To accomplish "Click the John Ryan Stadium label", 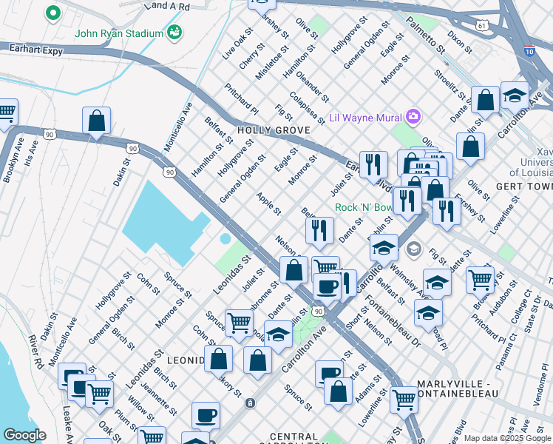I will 118,33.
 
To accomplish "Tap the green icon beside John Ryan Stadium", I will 175,32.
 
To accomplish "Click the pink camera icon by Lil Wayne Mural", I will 413,116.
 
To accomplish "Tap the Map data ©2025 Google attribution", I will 507,438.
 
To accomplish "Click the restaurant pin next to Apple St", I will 319,231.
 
